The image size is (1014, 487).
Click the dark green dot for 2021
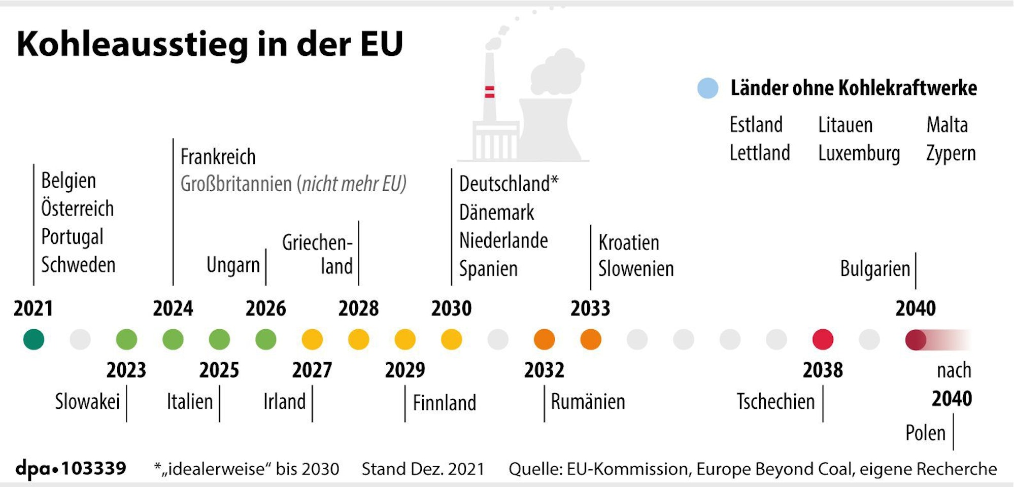coord(33,339)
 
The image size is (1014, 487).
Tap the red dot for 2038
coord(823,339)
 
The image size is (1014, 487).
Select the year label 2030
coord(451,308)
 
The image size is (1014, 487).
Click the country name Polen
coord(925,433)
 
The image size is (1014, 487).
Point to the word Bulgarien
coord(875,269)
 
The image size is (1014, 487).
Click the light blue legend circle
coord(707,88)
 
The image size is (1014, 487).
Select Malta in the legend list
coord(947,125)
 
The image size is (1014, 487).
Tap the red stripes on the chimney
coord(489,92)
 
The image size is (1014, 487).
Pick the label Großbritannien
coord(236,184)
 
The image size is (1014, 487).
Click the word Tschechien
coord(775,402)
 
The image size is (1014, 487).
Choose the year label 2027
coord(312,370)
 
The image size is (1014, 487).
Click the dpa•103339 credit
coord(71,468)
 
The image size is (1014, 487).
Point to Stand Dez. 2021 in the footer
coord(423,469)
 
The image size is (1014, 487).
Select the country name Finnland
coord(444,403)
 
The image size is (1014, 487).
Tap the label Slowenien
coord(635,269)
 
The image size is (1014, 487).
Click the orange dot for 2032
coord(544,339)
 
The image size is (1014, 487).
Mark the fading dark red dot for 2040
coord(916,339)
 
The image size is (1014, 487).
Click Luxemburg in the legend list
coord(859,153)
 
